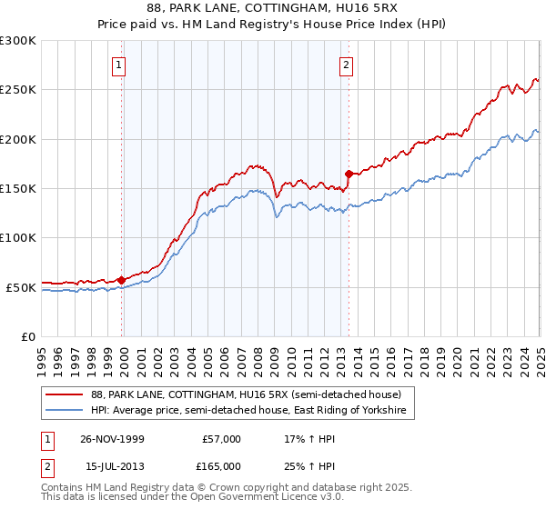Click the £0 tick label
click(26, 336)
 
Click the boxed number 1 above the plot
click(121, 65)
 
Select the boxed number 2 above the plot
click(348, 65)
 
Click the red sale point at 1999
click(122, 280)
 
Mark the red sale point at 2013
click(349, 174)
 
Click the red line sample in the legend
click(65, 394)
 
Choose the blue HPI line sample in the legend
click(65, 411)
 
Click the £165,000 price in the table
click(220, 465)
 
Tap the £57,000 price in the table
click(220, 439)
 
